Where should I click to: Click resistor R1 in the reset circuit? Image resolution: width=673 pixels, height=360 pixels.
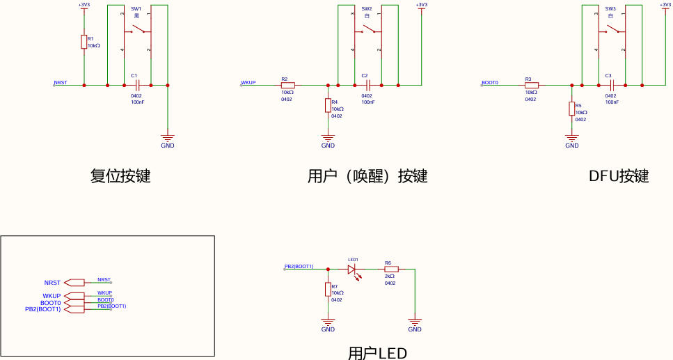click(84, 42)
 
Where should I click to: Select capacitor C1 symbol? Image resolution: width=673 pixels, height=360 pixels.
click(137, 85)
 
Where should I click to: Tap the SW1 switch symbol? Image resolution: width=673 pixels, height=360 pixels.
click(137, 30)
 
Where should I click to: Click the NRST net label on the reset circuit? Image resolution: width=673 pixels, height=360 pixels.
click(61, 82)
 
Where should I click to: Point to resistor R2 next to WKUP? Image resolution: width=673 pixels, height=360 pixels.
click(287, 85)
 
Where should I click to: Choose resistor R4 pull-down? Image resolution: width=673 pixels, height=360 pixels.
click(328, 105)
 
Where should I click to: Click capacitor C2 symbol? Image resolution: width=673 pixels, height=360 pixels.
click(368, 85)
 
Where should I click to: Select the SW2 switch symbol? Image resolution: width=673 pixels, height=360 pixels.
click(368, 30)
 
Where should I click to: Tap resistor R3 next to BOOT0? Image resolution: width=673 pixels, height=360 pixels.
click(532, 85)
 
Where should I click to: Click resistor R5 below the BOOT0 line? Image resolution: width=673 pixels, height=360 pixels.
click(571, 109)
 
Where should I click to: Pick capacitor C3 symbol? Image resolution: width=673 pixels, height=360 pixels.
click(612, 85)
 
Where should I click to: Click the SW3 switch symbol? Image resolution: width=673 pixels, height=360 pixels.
click(612, 30)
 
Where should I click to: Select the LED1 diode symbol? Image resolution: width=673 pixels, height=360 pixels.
click(352, 269)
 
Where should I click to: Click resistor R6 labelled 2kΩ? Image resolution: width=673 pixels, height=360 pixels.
click(391, 269)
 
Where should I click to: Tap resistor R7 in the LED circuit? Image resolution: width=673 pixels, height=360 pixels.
click(328, 290)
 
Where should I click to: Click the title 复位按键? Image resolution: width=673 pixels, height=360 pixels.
click(120, 176)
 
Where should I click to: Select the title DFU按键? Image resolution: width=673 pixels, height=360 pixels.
click(618, 176)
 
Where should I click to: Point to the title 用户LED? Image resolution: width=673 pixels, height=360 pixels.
click(377, 352)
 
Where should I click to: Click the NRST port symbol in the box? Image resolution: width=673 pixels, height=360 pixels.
click(74, 283)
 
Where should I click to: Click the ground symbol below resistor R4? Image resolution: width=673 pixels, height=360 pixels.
click(328, 139)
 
